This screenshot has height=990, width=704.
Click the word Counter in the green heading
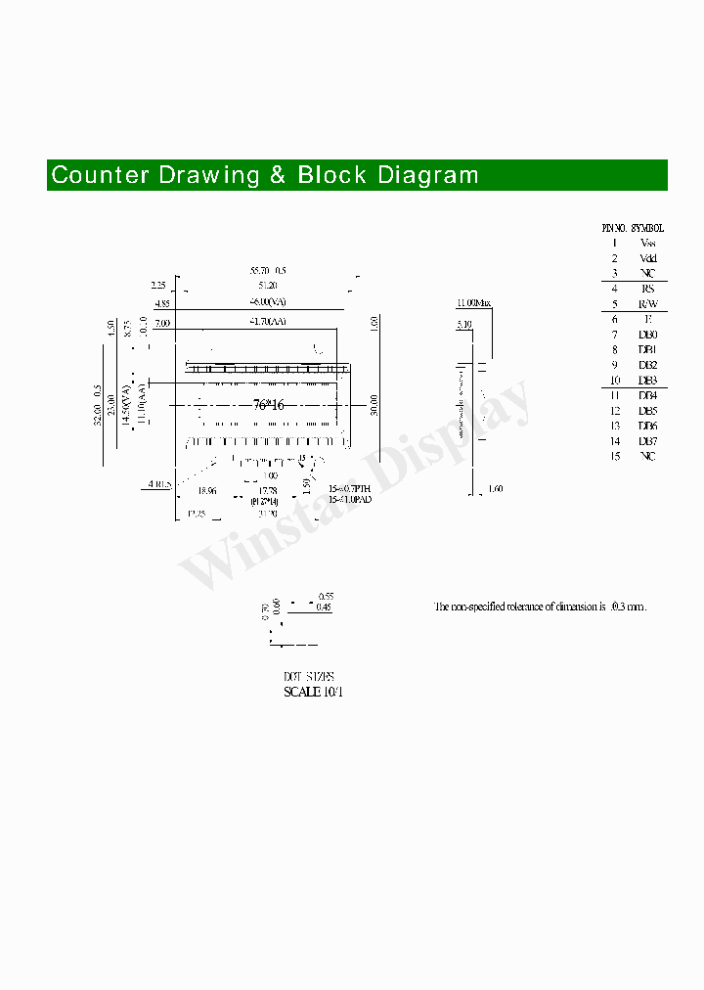pyautogui.click(x=101, y=175)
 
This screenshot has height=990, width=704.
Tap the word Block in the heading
pyautogui.click(x=332, y=175)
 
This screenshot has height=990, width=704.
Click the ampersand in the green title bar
pyautogui.click(x=279, y=175)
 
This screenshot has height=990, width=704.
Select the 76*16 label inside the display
pyautogui.click(x=268, y=405)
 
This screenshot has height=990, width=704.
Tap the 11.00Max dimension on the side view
pyautogui.click(x=473, y=303)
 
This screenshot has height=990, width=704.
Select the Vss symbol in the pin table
pyautogui.click(x=647, y=243)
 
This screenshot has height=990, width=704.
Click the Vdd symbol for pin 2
pyautogui.click(x=647, y=258)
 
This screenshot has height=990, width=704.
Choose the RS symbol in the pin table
pyautogui.click(x=647, y=289)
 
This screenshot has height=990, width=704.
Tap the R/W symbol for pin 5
pyautogui.click(x=647, y=304)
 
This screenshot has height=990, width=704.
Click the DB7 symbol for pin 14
pyautogui.click(x=647, y=441)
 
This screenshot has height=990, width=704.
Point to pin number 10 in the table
pyautogui.click(x=615, y=381)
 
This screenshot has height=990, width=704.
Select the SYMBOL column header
pyautogui.click(x=647, y=227)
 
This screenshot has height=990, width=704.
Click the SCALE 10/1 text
pyautogui.click(x=313, y=692)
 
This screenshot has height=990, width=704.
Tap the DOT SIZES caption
pyautogui.click(x=309, y=677)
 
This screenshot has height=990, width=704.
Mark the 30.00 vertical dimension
pyautogui.click(x=374, y=404)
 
